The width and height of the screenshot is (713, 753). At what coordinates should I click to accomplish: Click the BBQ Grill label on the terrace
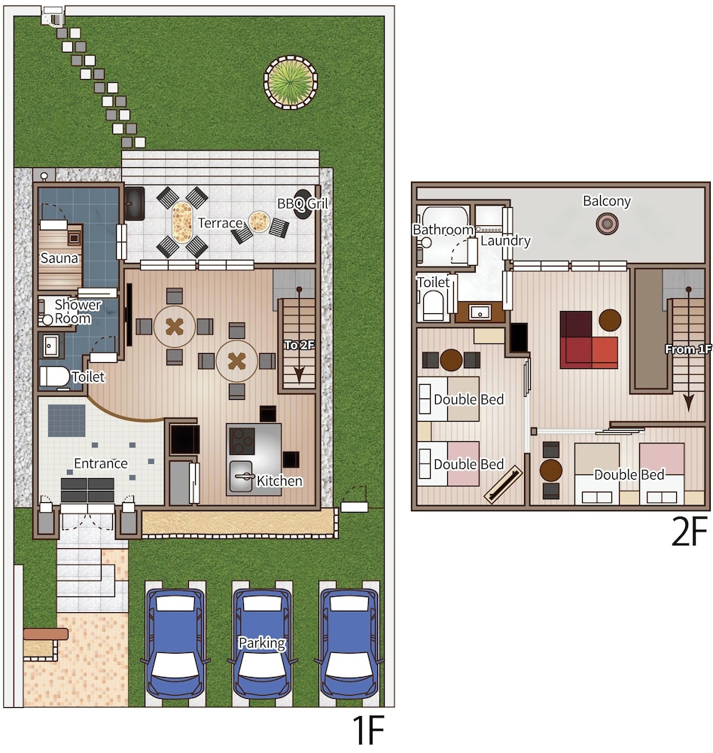(303, 203)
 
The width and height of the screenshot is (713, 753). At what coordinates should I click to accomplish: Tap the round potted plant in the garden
(291, 82)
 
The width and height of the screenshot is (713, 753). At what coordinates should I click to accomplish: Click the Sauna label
(59, 258)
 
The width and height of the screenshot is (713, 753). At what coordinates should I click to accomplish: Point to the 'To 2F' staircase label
(299, 345)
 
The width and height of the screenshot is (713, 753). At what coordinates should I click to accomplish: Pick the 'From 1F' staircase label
(688, 349)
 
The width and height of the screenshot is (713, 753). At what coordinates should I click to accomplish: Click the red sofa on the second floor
(589, 340)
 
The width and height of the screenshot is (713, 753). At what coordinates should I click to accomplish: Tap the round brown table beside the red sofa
(610, 320)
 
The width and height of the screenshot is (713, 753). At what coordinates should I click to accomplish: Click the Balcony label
(606, 201)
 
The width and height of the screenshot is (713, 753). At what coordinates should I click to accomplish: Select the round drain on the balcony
(607, 224)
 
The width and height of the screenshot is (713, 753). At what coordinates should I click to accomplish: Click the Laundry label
(505, 241)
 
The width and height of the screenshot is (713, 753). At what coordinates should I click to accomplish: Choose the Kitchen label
(279, 480)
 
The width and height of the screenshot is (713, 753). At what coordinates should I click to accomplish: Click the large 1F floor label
(368, 730)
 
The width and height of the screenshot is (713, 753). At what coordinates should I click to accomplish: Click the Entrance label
(101, 463)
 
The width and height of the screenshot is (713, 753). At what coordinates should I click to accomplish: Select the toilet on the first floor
(55, 377)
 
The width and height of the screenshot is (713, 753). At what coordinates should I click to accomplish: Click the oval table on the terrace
(182, 222)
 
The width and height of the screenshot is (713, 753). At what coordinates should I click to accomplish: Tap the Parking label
(262, 643)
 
